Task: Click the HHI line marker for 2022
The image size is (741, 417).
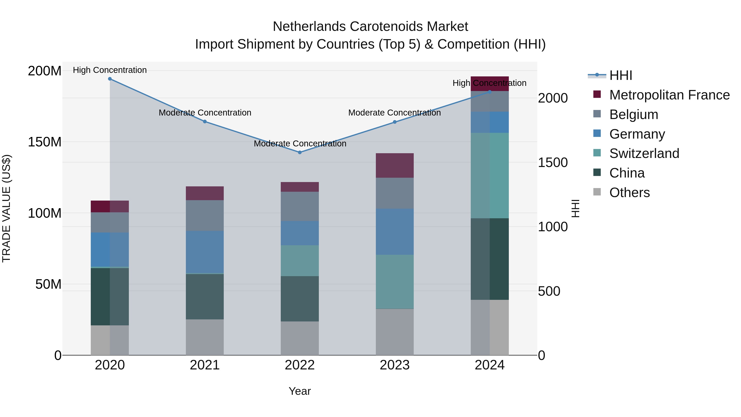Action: [x=300, y=152]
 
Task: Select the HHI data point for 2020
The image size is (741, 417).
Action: [x=110, y=79]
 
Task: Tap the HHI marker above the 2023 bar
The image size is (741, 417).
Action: [x=395, y=122]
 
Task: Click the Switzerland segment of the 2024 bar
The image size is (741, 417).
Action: [x=490, y=175]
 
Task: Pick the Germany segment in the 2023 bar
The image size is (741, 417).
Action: [x=395, y=232]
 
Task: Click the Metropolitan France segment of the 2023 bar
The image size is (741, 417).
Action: [x=395, y=166]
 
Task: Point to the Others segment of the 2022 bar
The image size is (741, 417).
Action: [x=300, y=338]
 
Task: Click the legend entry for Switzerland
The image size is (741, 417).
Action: [x=644, y=153]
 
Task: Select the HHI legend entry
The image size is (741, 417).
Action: [x=620, y=75]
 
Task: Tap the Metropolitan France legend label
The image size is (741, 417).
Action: [x=669, y=95]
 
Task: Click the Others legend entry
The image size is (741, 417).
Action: [x=629, y=193]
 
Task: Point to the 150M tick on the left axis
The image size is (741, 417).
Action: [x=45, y=142]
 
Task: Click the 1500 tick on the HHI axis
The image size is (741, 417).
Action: [x=553, y=163]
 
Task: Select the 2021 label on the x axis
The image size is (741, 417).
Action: [x=205, y=365]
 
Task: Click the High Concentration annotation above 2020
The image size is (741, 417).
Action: [x=110, y=70]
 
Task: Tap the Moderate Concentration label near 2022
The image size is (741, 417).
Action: [x=300, y=143]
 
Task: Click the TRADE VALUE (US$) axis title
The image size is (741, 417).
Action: [x=6, y=208]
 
